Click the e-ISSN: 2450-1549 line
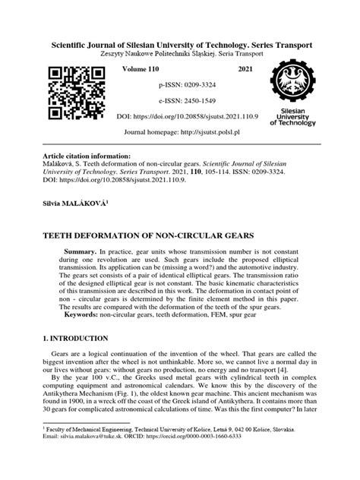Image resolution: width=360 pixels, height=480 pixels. click(180, 102)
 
